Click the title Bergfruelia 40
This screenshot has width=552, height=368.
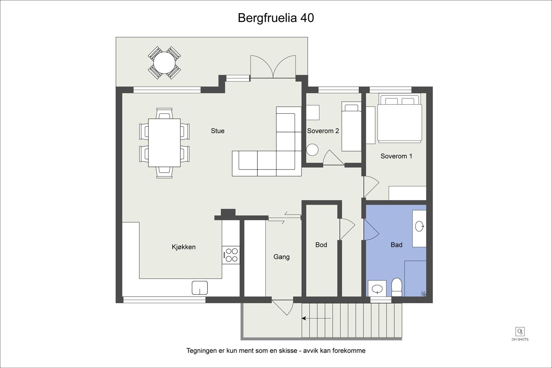coord(276,18)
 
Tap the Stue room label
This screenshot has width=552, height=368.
coord(218,131)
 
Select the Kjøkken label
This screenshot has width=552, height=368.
coord(184,247)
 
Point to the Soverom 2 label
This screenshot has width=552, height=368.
coord(323,131)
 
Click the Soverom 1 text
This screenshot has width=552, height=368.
coord(396,156)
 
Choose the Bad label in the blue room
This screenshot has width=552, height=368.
coord(396,245)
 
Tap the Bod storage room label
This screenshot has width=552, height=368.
coord(321,245)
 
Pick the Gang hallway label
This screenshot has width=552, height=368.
coord(282,257)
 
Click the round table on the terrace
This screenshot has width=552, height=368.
coord(164,62)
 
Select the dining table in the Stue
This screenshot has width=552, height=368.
coord(164,143)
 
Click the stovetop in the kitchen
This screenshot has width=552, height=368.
coord(231,255)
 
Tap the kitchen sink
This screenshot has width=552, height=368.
coord(200,288)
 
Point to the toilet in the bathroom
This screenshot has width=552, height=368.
coord(397,287)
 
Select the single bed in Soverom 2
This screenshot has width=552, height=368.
coord(352,127)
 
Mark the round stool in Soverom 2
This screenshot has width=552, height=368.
coord(312,150)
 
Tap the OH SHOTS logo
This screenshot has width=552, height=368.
coord(520,334)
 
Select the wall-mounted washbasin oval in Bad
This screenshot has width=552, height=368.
coord(420,226)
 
